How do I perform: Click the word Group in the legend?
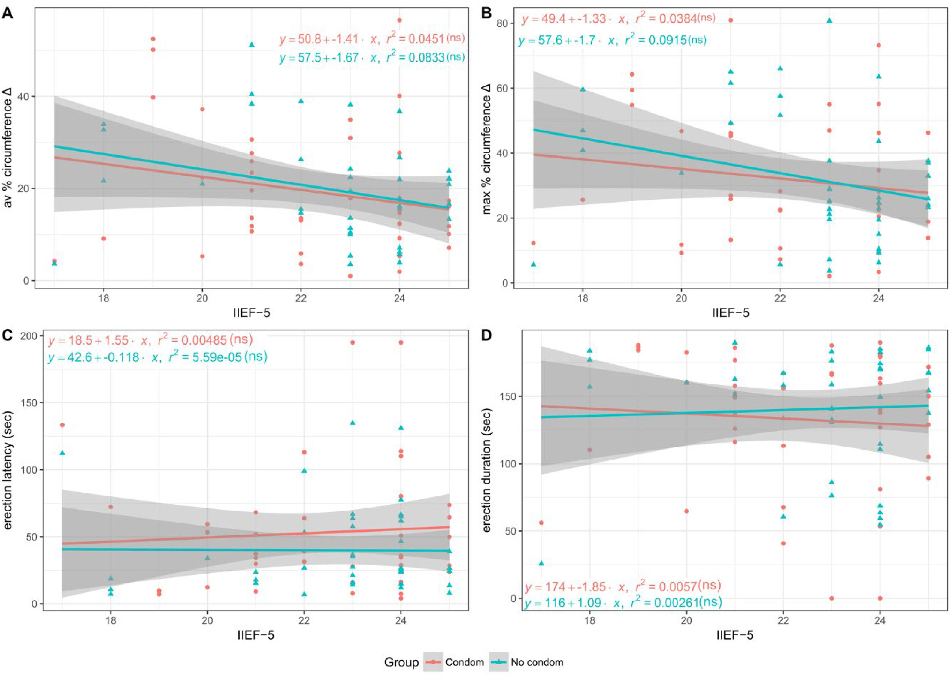[402, 662]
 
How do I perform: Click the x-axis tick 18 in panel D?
[589, 620]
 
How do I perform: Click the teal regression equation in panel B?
[612, 40]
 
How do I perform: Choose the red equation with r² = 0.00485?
[151, 341]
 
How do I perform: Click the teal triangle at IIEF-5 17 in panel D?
[541, 563]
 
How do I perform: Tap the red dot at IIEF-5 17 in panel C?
[62, 425]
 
